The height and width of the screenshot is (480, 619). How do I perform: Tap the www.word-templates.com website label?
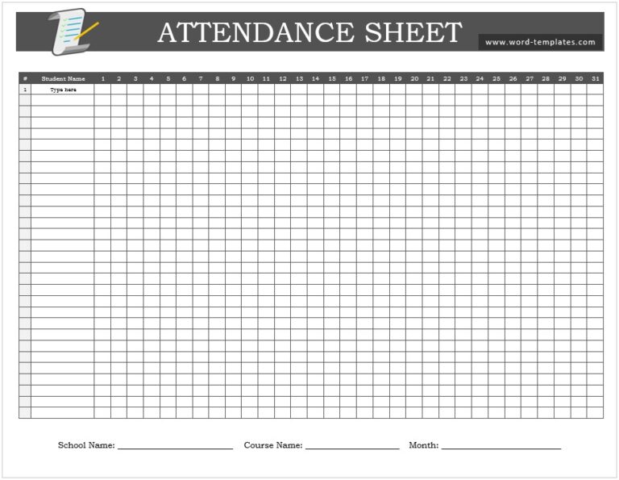540,42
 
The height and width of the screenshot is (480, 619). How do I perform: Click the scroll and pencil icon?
72,32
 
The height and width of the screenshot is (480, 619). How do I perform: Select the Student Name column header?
63,79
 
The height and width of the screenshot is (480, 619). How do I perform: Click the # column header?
25,79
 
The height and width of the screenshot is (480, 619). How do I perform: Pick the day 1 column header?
102,79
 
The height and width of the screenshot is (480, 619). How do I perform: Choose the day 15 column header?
332,79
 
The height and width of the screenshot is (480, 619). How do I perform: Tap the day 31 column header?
595,79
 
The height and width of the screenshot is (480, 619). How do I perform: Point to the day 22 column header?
447,79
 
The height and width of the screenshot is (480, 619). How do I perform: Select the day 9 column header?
234,79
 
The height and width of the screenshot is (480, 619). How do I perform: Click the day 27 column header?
529,79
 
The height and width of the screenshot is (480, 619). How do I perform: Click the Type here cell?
63,90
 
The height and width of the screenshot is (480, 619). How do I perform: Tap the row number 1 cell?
25,90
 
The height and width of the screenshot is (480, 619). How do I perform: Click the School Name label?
86,445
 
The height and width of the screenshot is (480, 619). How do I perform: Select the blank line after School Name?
175,447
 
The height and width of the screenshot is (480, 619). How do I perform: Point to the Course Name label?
273,445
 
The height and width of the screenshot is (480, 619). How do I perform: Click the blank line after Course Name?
352,447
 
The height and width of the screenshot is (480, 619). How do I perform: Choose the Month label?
423,445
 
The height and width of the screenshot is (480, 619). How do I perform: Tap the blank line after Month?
501,447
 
